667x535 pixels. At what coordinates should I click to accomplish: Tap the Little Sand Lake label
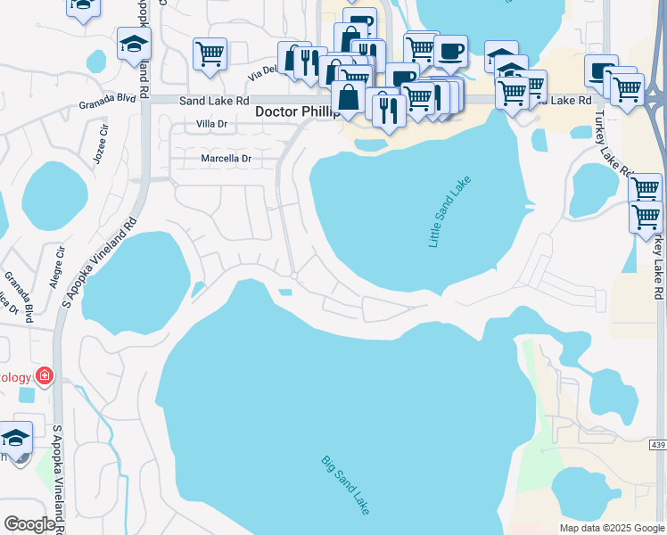click(449, 212)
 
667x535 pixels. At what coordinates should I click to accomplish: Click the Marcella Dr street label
click(225, 159)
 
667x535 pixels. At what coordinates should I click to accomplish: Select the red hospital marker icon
click(43, 376)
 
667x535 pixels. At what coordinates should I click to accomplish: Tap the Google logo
click(29, 524)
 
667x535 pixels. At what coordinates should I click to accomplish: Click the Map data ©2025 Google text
click(612, 528)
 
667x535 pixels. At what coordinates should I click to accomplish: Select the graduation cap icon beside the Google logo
click(15, 437)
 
